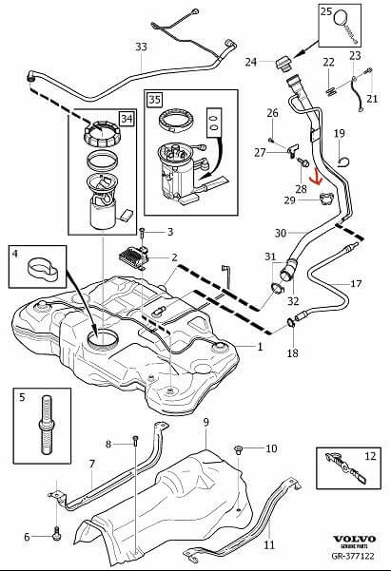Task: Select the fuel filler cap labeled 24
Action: pos(283,64)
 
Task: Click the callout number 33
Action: pos(141,47)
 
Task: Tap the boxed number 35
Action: pos(155,100)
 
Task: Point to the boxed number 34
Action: pos(127,119)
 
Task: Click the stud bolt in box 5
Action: pos(47,425)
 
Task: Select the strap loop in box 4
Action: pos(42,268)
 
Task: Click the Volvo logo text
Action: pos(354,539)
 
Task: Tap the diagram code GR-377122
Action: pos(353,556)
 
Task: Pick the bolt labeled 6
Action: pos(56,534)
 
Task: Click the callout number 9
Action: pos(206,422)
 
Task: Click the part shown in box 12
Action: pos(345,468)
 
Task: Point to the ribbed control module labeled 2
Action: pos(135,257)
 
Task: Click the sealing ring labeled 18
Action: pos(291,323)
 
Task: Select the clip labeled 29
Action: pos(326,200)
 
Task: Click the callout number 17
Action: pos(356,283)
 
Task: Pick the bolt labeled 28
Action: pos(303,162)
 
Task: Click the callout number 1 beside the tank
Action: pos(260,347)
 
